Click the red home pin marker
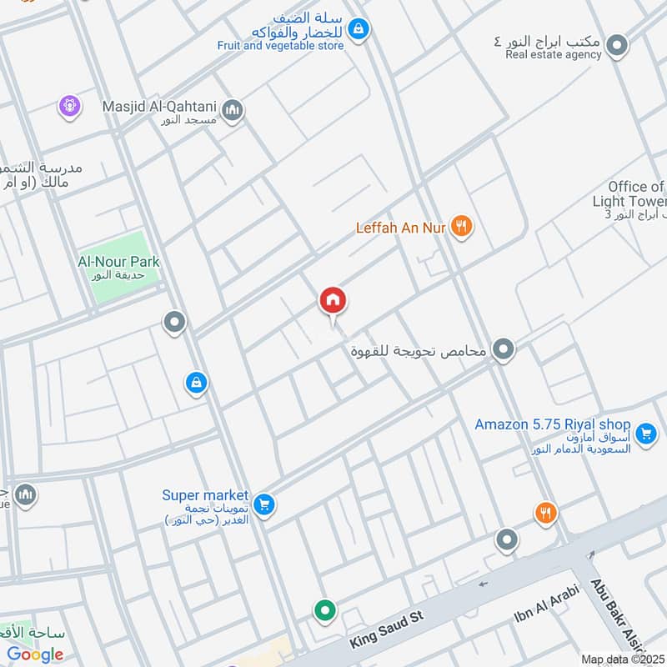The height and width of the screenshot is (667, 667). tap(333, 302)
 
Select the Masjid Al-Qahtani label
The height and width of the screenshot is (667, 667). tap(158, 107)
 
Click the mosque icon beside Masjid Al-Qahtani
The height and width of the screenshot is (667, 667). tap(233, 109)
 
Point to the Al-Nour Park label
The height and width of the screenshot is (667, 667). tap(118, 262)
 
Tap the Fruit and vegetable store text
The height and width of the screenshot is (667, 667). tap(280, 46)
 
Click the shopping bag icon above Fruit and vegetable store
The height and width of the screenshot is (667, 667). tap(358, 30)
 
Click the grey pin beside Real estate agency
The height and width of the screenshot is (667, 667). tap(616, 45)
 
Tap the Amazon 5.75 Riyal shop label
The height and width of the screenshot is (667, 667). tap(552, 424)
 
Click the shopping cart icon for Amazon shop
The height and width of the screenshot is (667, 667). tap(644, 434)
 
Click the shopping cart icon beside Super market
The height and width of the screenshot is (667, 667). tap(263, 504)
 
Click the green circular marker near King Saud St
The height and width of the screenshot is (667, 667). tap(325, 611)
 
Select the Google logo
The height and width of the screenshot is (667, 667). tap(35, 654)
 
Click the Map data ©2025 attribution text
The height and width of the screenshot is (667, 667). tap(623, 659)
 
